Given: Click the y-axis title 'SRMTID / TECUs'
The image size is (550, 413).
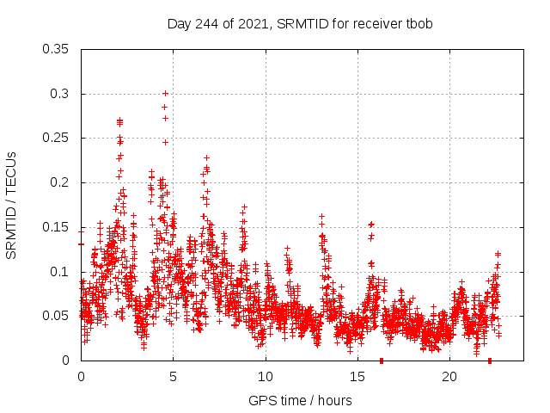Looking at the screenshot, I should click(x=11, y=205).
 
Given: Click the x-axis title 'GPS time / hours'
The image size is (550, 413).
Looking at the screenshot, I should click(x=300, y=400).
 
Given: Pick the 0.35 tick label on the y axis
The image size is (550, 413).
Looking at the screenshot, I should click(x=56, y=49).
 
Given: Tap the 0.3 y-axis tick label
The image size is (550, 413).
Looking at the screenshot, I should click(x=59, y=94).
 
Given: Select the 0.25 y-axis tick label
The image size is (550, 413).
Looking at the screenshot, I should click(x=56, y=139).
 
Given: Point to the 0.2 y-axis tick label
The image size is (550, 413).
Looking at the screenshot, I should click(x=59, y=182).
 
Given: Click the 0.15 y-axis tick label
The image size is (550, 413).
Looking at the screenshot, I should click(x=56, y=227).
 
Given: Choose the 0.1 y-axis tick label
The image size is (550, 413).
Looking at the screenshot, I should click(x=59, y=272).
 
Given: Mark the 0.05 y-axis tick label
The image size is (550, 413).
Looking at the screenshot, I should click(x=56, y=316).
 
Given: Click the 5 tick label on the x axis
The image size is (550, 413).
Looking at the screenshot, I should click(x=173, y=377).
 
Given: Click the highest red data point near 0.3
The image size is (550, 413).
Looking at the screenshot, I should click(x=165, y=93).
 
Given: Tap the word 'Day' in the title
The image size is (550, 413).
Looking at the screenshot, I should click(x=178, y=24).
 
